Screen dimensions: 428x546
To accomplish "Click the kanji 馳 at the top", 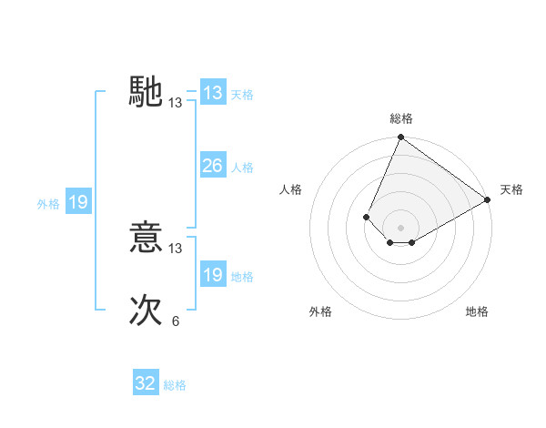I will click(x=147, y=92).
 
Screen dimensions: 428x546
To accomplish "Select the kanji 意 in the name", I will click(x=147, y=238).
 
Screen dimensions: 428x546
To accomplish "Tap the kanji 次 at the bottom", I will click(x=147, y=311).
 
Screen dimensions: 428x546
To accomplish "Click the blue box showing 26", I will click(x=212, y=166).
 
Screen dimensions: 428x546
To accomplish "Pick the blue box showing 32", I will click(x=146, y=383).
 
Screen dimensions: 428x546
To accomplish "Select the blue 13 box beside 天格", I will click(x=212, y=93).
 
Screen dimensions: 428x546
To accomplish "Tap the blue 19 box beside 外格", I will click(x=78, y=202).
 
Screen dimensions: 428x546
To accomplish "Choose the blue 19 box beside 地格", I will click(x=212, y=275).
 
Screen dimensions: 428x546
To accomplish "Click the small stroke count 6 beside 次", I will click(x=176, y=321).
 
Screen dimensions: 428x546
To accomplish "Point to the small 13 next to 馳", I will click(x=176, y=103).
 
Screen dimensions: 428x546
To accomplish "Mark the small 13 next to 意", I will click(x=176, y=249).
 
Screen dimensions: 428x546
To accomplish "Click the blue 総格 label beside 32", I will click(x=175, y=385).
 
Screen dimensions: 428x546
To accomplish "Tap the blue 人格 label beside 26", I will click(x=242, y=168).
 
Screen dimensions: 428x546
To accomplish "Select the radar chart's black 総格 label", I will click(x=401, y=118).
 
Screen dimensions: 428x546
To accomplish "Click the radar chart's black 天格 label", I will click(x=511, y=189).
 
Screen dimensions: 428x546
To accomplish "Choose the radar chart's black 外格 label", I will click(x=320, y=311).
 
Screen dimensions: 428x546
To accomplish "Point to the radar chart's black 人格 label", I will click(x=291, y=189).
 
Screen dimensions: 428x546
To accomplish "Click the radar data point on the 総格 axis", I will click(x=400, y=138).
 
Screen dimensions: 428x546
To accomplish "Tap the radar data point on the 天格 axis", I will click(x=487, y=199).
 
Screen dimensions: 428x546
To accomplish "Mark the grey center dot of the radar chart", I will click(x=400, y=228).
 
